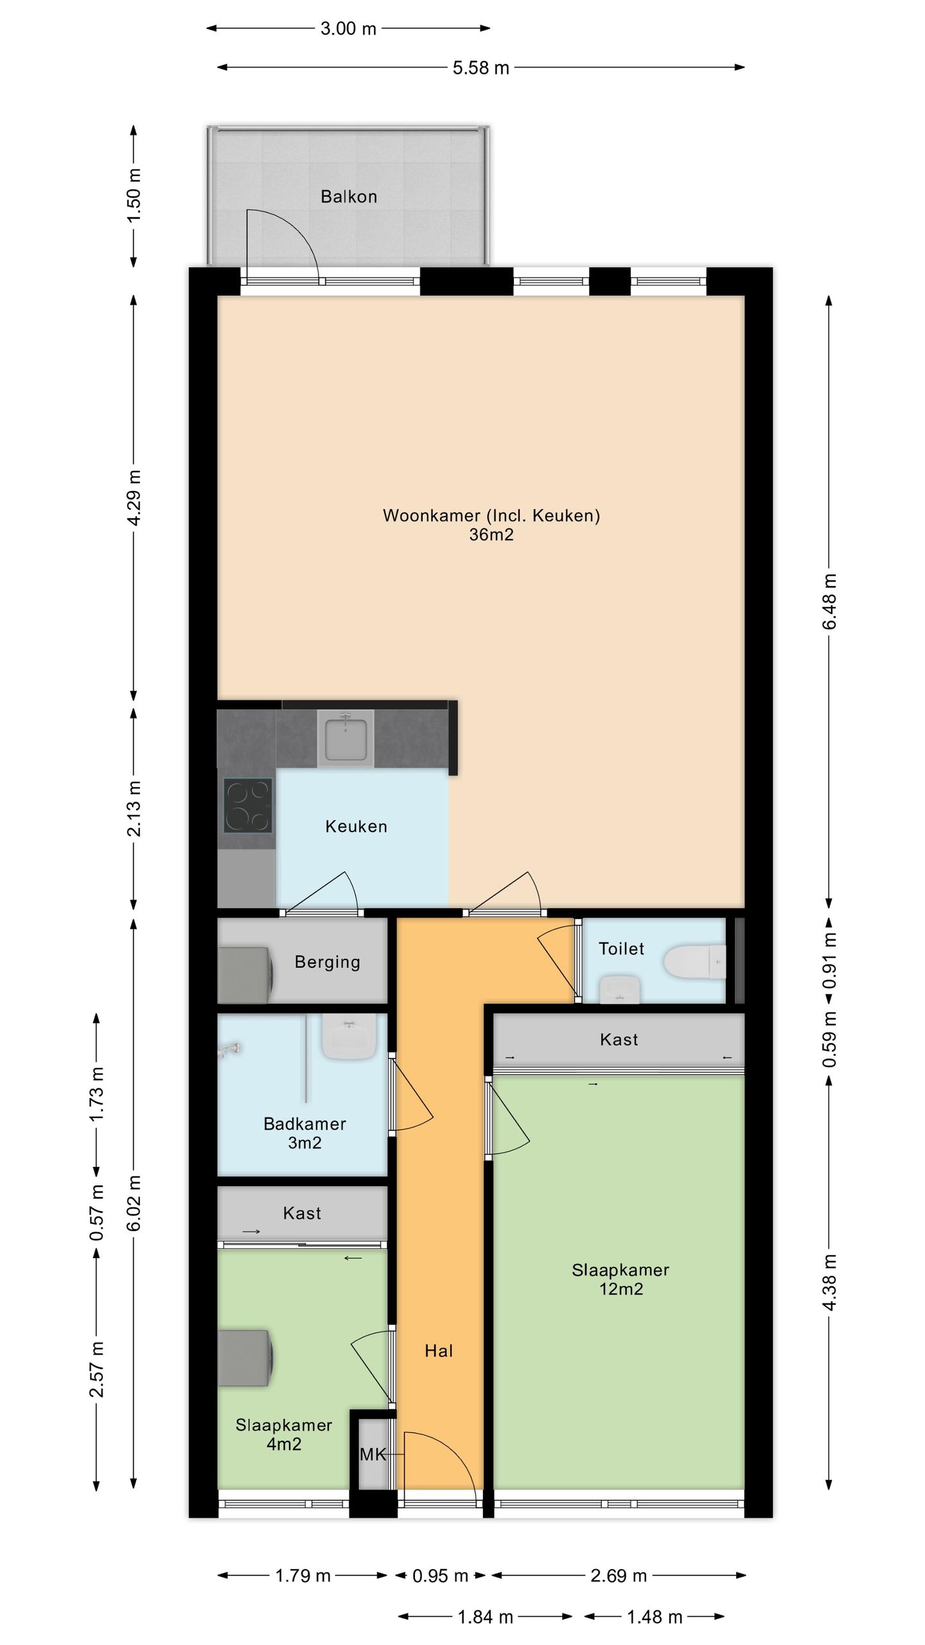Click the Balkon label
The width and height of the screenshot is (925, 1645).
(x=349, y=197)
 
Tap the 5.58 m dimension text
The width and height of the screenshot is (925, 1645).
(x=480, y=67)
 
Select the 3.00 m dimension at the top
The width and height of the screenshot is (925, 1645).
(x=348, y=28)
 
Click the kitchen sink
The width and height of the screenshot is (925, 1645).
(x=346, y=738)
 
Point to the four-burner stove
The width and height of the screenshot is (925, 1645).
(x=247, y=805)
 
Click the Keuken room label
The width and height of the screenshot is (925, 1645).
(x=357, y=826)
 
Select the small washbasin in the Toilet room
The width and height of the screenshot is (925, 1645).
(x=620, y=989)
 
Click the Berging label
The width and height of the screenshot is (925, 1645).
(x=328, y=962)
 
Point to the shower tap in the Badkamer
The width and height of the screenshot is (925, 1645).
(x=229, y=1050)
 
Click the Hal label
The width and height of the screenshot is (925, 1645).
(x=439, y=1351)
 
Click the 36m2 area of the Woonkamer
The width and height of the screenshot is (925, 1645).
(x=491, y=535)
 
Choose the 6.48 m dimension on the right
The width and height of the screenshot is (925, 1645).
(x=829, y=601)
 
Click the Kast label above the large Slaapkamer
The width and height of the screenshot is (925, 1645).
(x=619, y=1040)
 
